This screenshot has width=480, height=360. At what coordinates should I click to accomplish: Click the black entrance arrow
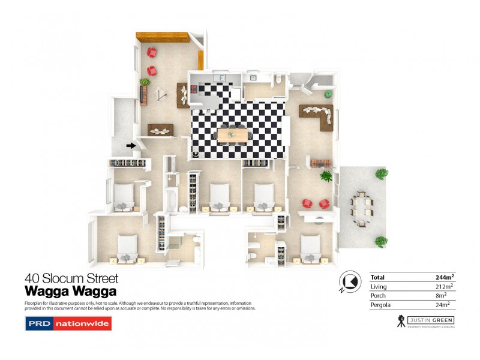131,145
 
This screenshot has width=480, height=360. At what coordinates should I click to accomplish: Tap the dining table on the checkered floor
232,134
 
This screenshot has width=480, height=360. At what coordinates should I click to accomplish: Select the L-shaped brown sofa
318,115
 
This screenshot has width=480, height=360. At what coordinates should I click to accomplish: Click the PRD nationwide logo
68,324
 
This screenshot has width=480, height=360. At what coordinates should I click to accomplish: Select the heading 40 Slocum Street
71,278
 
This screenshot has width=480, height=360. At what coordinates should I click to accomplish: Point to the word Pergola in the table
381,305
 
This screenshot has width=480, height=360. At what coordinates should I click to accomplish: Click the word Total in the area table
377,277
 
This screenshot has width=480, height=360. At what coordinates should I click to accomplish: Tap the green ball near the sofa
328,94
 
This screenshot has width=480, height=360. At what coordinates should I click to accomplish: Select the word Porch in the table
378,296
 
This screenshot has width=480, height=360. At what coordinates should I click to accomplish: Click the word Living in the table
379,286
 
